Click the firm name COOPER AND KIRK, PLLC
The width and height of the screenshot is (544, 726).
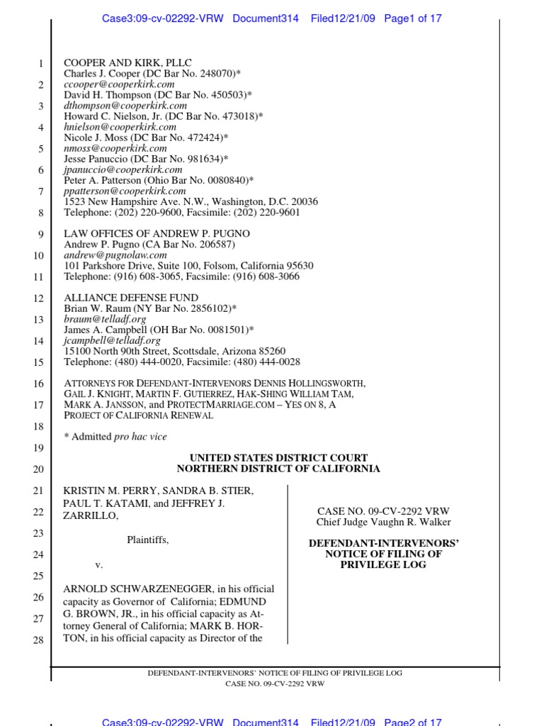(x=127, y=63)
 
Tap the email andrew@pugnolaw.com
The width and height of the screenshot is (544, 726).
(x=115, y=255)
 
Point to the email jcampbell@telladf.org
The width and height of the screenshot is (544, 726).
(x=108, y=340)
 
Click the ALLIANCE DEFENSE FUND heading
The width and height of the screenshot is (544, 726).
(x=131, y=298)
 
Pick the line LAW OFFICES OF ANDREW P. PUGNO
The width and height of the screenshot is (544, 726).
(x=157, y=234)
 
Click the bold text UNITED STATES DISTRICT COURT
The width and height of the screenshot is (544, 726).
(x=278, y=458)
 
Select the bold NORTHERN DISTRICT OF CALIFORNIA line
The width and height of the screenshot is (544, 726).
(x=278, y=469)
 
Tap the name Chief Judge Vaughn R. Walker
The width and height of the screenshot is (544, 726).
(x=382, y=523)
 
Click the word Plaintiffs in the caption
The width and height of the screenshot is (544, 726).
(x=147, y=540)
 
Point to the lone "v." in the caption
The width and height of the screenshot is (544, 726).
(x=99, y=565)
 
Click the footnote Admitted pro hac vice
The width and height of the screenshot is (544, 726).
(x=115, y=437)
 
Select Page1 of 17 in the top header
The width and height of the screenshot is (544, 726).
(x=413, y=19)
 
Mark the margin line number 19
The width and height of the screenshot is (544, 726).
(x=38, y=448)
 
